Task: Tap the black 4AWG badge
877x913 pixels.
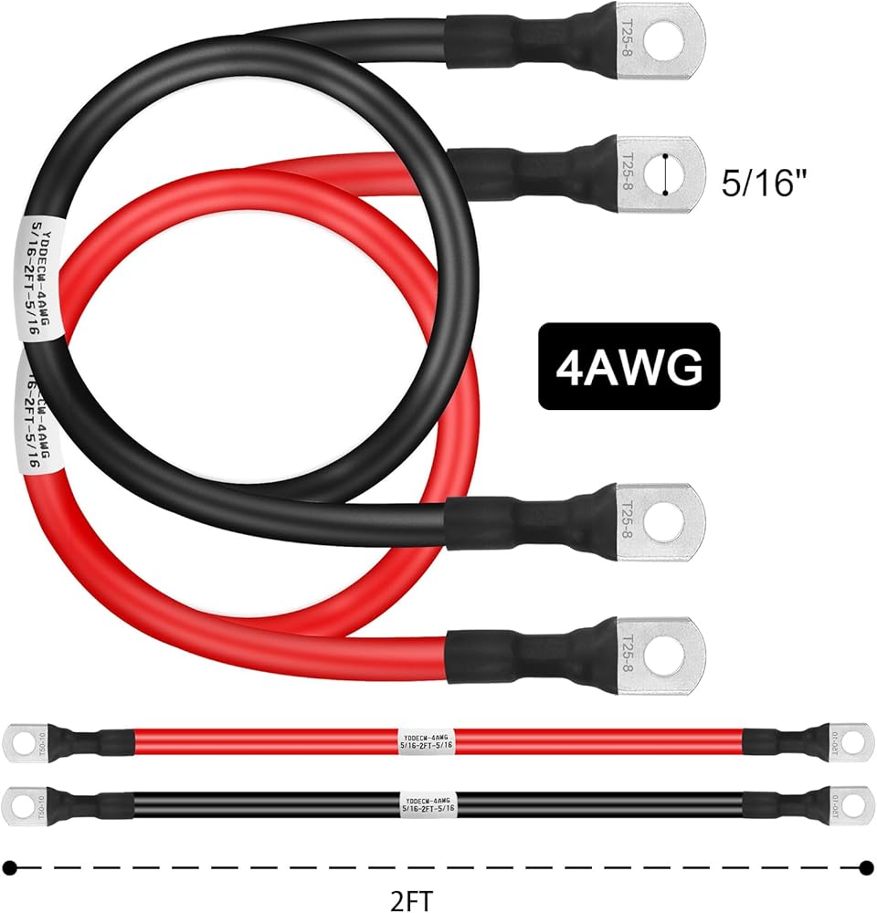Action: (629, 366)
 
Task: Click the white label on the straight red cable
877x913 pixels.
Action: (428, 740)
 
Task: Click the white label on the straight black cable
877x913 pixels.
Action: (428, 803)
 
